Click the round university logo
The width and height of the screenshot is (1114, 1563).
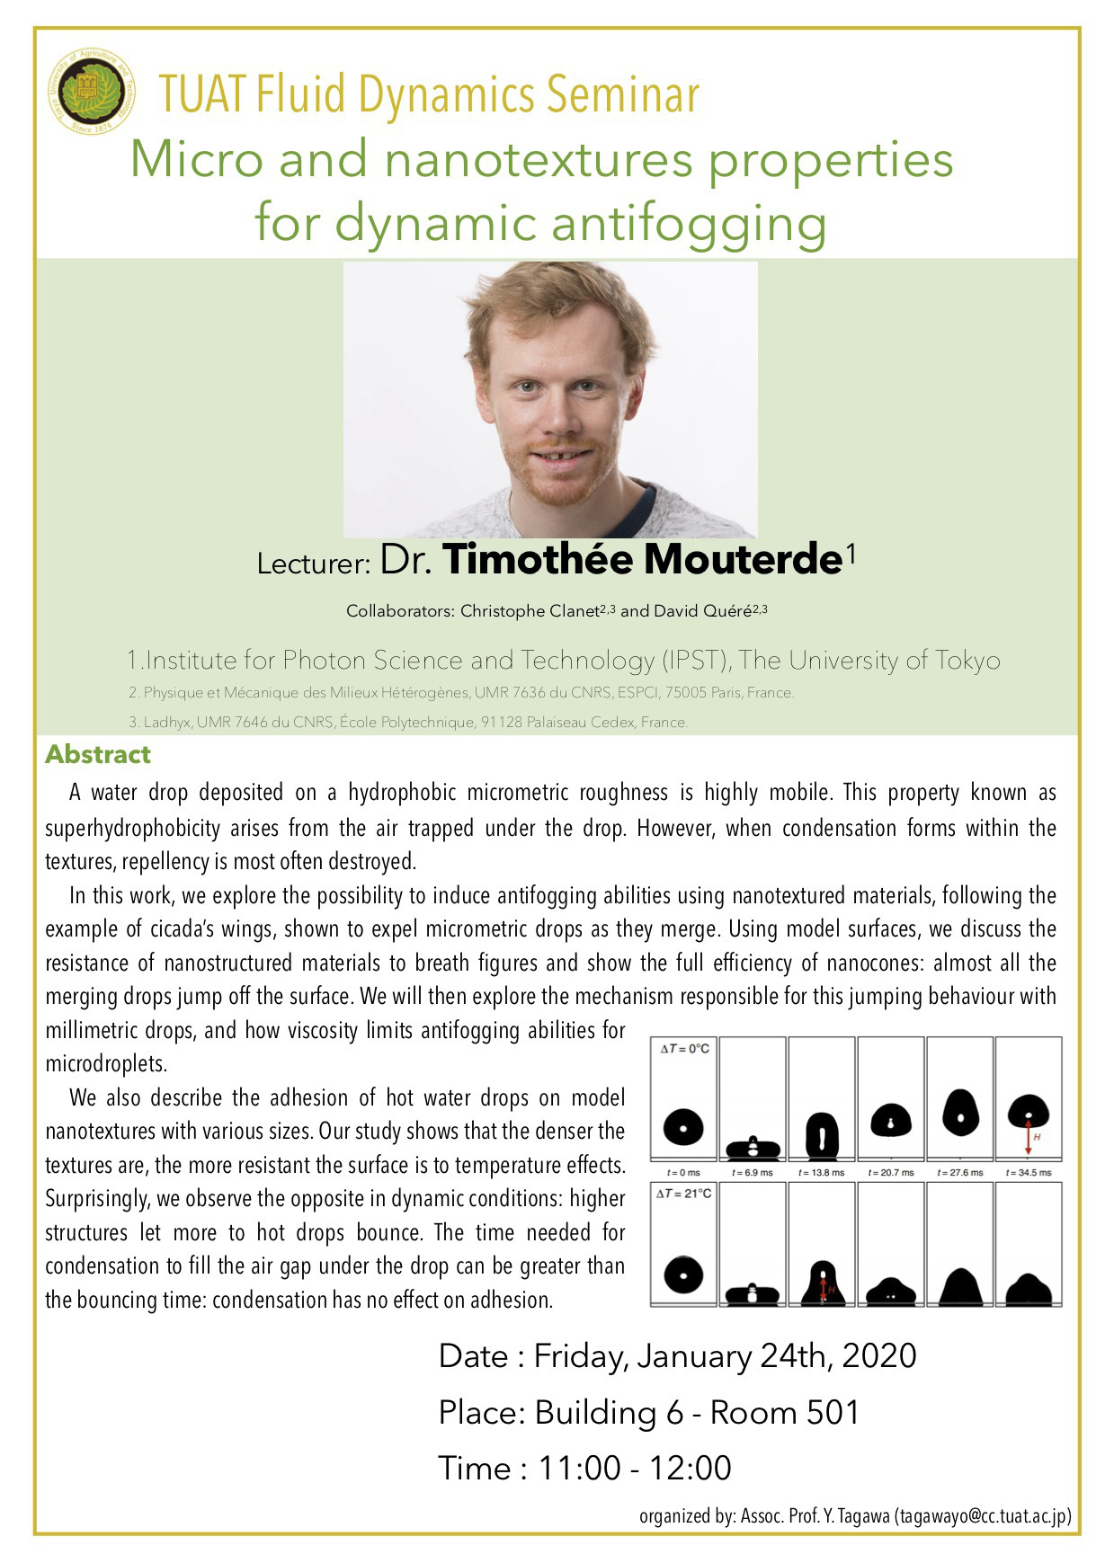click(92, 91)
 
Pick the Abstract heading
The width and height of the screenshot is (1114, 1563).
click(98, 754)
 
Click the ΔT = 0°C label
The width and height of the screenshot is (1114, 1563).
click(685, 1049)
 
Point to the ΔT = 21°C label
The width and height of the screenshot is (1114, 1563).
click(685, 1194)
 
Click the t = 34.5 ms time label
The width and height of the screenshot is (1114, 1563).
click(1029, 1172)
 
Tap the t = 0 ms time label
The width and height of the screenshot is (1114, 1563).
click(683, 1172)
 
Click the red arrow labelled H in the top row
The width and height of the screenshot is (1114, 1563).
click(1029, 1136)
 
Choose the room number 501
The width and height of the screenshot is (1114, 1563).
click(833, 1413)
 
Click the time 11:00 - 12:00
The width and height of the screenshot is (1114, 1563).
click(635, 1468)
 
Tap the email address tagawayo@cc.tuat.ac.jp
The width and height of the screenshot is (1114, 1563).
click(982, 1516)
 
